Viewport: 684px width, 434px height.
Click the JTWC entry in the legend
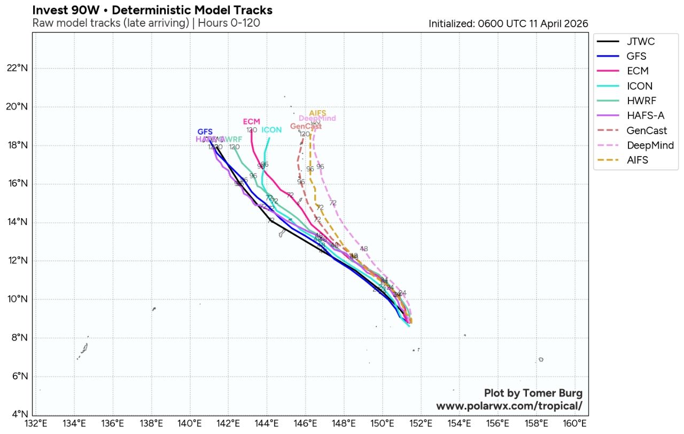tap(640, 42)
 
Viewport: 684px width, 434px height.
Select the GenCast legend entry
tap(647, 130)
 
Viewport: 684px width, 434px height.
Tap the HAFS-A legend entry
tap(646, 115)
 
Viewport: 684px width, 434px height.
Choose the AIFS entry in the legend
tap(637, 160)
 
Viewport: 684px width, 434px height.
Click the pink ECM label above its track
tap(251, 122)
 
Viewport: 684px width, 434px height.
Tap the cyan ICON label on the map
tap(271, 130)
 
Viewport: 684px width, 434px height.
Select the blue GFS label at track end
tap(205, 131)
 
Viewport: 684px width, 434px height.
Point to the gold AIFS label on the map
tap(317, 113)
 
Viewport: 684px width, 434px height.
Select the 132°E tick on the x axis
tap(36, 423)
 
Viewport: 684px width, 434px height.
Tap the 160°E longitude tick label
tap(574, 423)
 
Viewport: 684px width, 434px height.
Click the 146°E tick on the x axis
tap(305, 423)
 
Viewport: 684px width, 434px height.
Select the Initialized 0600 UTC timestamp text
tap(508, 24)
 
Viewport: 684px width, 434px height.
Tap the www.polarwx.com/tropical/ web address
tap(509, 406)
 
